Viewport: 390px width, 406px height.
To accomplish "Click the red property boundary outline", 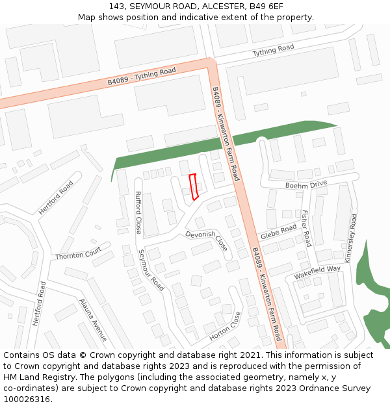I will (x=193, y=186).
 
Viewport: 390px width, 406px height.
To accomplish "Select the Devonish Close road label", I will (x=207, y=240).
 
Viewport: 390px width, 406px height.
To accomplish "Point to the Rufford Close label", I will (x=138, y=212).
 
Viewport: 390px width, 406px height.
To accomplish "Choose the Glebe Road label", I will (x=278, y=232).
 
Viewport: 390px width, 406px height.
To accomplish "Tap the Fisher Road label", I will (x=305, y=228).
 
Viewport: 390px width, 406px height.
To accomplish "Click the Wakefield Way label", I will (x=317, y=272).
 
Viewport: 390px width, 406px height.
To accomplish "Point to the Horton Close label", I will (x=225, y=327).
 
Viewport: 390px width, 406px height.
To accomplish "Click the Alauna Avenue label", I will (x=92, y=320).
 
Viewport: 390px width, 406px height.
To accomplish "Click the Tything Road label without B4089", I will (x=273, y=50).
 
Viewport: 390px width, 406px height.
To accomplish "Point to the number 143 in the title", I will (x=117, y=6).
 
